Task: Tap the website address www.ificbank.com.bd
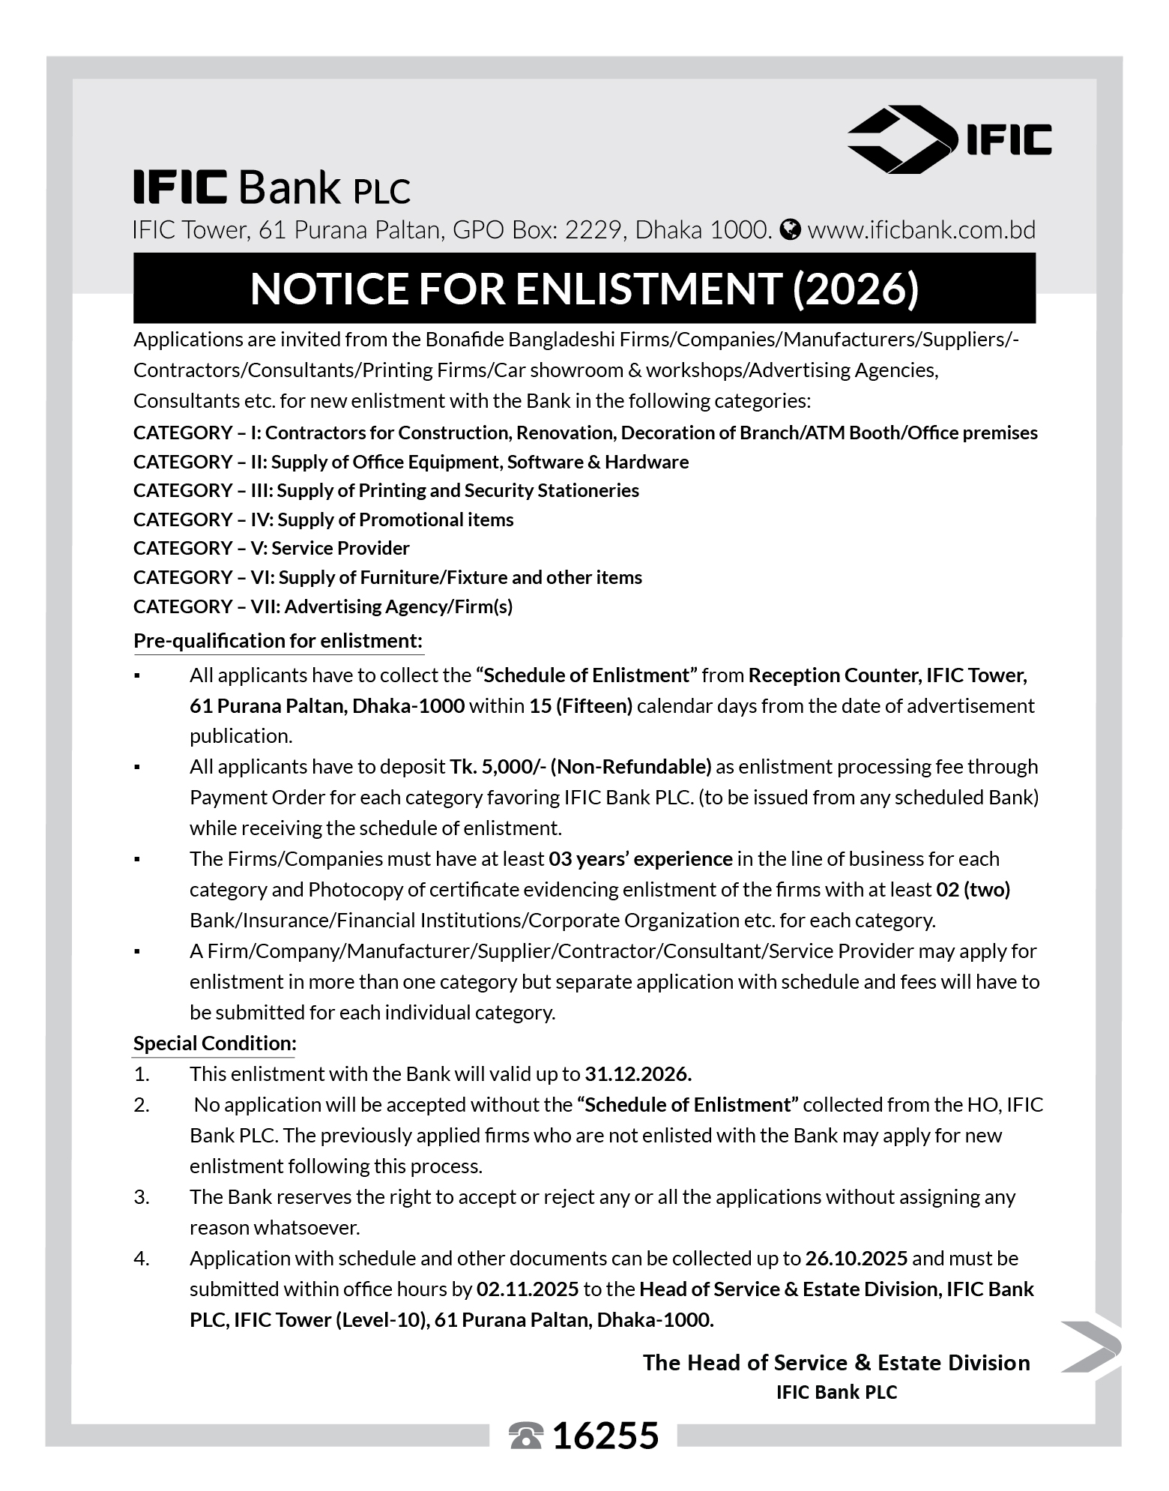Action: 921,229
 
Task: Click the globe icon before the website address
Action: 790,229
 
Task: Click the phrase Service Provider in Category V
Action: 340,548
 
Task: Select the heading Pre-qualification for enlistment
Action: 278,641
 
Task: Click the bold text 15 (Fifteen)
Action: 581,706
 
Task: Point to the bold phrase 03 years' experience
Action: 640,859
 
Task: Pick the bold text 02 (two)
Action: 973,890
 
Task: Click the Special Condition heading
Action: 215,1043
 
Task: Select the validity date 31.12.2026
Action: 638,1074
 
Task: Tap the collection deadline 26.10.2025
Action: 857,1259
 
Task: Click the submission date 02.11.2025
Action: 528,1289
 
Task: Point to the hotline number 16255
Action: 605,1436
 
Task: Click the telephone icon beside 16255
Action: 525,1436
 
